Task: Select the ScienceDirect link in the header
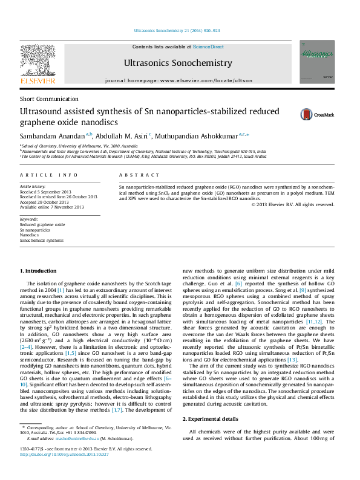tap(208, 47)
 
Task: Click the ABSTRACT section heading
tap(139, 174)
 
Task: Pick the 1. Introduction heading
tap(38, 271)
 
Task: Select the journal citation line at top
tap(179, 30)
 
